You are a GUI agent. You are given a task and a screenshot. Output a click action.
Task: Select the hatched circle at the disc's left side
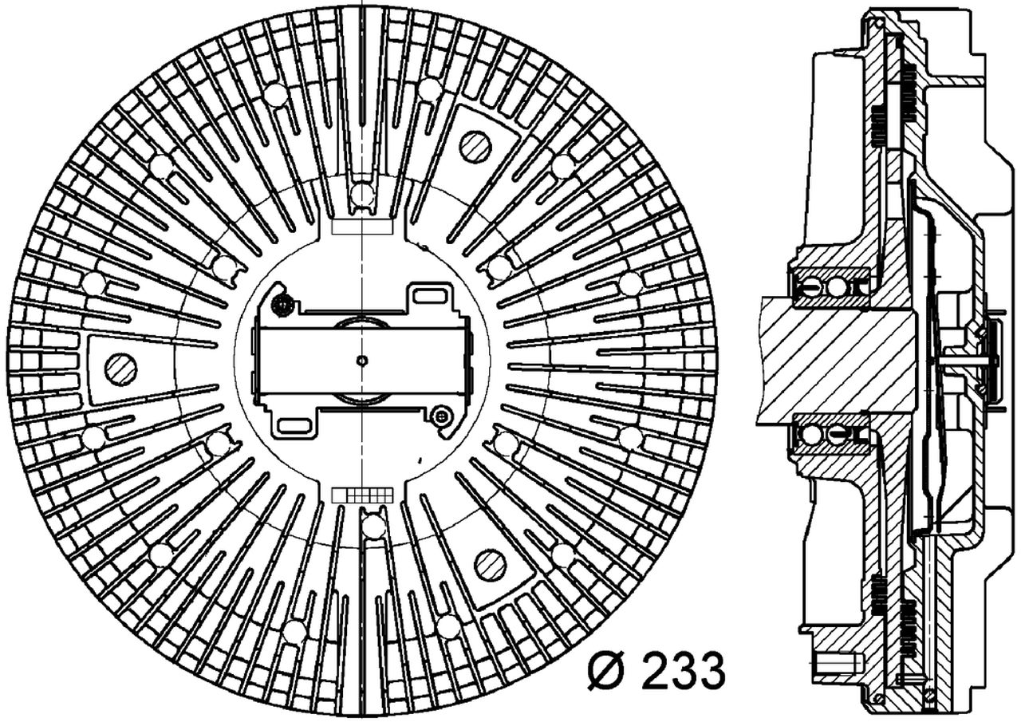pyautogui.click(x=121, y=368)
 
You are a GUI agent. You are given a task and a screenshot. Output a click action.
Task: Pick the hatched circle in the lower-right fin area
pyautogui.click(x=489, y=565)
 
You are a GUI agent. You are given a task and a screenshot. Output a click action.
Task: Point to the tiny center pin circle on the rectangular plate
pyautogui.click(x=362, y=361)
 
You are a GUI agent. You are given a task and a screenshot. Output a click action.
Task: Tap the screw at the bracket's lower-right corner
pyautogui.click(x=440, y=415)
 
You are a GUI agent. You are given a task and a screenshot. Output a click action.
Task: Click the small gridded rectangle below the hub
pyautogui.click(x=362, y=495)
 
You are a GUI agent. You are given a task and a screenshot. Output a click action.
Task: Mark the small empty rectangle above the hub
pyautogui.click(x=361, y=226)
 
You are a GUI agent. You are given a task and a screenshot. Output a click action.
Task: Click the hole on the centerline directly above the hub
pyautogui.click(x=362, y=194)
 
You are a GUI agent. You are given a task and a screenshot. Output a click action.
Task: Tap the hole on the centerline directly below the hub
pyautogui.click(x=372, y=527)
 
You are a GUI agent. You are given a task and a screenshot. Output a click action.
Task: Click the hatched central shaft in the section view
pyautogui.click(x=838, y=359)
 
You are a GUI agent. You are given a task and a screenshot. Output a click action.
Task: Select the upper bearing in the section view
pyautogui.click(x=828, y=286)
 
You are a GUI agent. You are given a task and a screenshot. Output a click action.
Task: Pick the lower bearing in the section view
pyautogui.click(x=828, y=434)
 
